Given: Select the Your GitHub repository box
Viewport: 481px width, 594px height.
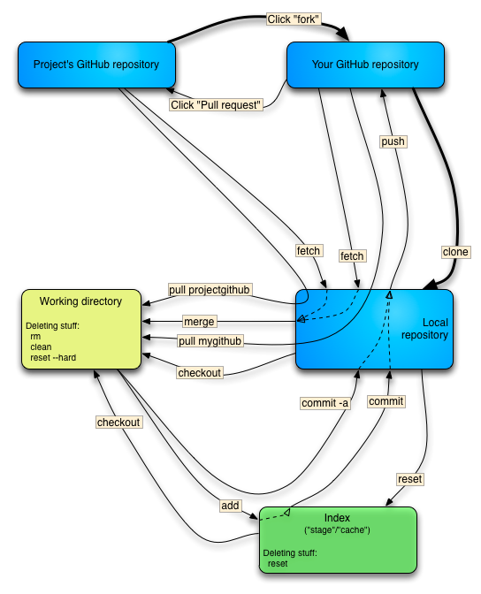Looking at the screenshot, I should click(x=365, y=65).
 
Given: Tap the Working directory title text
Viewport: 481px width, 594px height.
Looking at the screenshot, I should click(x=80, y=301).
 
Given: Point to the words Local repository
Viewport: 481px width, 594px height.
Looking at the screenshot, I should click(x=424, y=329).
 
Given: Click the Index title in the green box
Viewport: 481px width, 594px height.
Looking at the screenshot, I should click(x=337, y=516).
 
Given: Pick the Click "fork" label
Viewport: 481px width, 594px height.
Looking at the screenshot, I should click(x=293, y=19).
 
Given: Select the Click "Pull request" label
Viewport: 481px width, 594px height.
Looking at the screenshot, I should click(x=217, y=104).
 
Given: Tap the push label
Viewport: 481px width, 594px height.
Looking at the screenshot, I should click(x=393, y=141).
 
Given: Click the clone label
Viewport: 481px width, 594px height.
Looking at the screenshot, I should click(x=455, y=252).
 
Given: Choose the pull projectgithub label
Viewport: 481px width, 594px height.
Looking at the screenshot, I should click(x=210, y=289).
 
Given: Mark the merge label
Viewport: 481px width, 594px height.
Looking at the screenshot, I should click(x=199, y=321).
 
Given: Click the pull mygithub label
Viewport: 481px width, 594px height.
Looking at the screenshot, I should click(x=210, y=341).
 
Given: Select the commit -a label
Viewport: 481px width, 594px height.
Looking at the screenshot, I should click(x=324, y=403).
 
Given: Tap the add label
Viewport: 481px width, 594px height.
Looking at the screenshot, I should click(x=230, y=505).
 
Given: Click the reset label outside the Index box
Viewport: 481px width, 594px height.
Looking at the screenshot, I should click(x=409, y=479).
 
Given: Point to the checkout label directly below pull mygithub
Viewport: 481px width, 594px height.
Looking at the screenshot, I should click(x=199, y=373).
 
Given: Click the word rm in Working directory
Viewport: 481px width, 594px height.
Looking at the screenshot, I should click(x=35, y=336).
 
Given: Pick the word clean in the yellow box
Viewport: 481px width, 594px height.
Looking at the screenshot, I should click(x=41, y=347).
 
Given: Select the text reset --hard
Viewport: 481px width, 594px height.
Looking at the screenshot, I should click(x=56, y=359).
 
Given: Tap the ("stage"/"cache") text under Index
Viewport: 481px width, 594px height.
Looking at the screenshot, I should click(x=337, y=529).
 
